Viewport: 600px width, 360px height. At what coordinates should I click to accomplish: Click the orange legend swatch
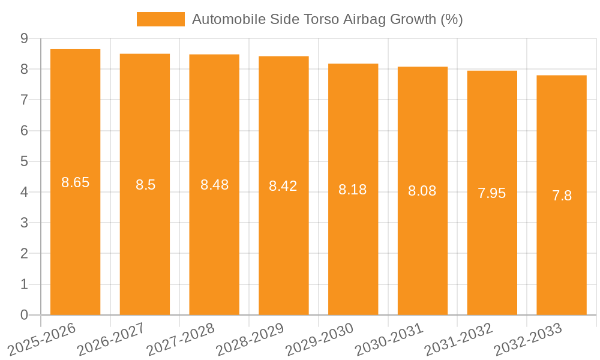(x=160, y=19)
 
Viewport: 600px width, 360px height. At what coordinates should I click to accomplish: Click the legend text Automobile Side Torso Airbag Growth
(x=327, y=19)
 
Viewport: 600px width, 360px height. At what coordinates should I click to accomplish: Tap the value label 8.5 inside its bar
(x=145, y=185)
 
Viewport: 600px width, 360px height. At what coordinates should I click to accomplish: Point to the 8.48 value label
(x=214, y=185)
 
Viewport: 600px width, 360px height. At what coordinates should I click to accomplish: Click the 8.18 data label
(x=353, y=190)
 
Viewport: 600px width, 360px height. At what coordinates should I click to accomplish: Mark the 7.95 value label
(x=491, y=193)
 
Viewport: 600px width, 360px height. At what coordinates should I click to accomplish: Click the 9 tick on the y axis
(x=24, y=38)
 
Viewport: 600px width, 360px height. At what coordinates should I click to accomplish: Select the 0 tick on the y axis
(x=24, y=315)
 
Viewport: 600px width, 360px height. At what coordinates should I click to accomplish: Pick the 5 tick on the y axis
(x=24, y=161)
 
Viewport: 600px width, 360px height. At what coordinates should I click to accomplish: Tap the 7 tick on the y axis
(x=24, y=100)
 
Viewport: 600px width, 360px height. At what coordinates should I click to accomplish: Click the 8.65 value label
(x=76, y=182)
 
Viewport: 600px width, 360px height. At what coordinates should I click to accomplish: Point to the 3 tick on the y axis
(x=24, y=223)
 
